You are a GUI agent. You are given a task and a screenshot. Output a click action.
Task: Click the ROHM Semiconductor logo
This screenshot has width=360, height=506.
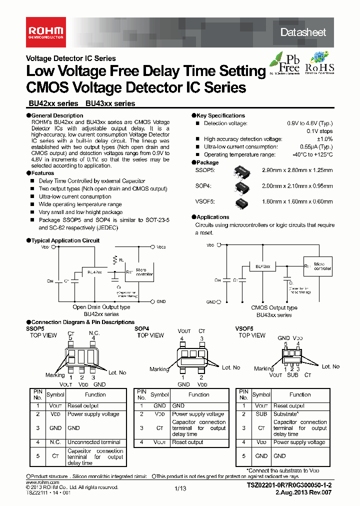tap(45, 32)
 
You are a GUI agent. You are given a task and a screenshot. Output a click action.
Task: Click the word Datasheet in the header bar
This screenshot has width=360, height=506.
tap(302, 32)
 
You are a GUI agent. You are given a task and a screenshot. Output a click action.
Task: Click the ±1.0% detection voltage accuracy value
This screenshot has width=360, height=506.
tap(324, 139)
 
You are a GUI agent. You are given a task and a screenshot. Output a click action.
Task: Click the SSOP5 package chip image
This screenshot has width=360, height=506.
tap(242, 171)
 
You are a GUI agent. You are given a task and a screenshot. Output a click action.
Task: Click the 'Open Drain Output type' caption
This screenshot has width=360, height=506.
tap(101, 307)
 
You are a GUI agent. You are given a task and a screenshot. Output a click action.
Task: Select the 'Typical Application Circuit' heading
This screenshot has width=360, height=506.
tap(65, 240)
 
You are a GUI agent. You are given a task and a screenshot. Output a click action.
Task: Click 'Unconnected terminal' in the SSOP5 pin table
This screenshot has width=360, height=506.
tap(93, 442)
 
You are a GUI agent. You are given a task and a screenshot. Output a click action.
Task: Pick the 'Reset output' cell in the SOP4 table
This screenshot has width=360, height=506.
tap(187, 442)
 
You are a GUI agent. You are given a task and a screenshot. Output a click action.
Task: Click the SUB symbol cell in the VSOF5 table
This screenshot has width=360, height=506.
tap(261, 414)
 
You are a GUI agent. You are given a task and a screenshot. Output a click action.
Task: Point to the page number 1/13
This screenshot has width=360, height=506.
tap(180, 488)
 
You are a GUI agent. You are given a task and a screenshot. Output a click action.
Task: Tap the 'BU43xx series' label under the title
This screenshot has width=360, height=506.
tap(110, 104)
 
